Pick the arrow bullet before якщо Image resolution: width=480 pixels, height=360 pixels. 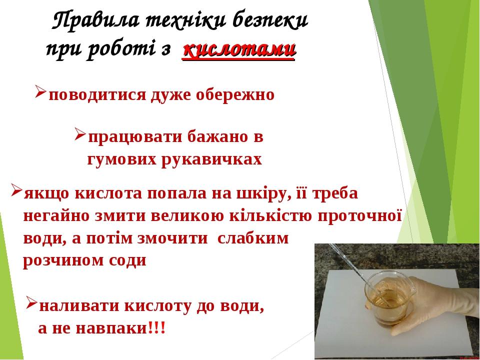coord(15,191)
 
